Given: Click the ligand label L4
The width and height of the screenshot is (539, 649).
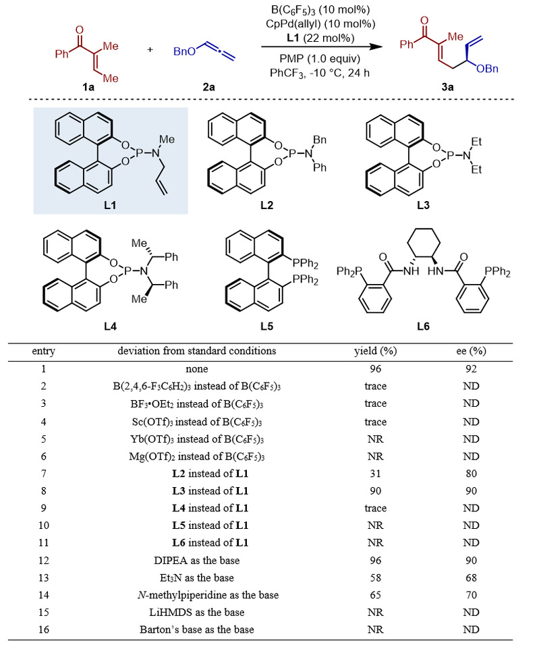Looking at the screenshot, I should [111, 327].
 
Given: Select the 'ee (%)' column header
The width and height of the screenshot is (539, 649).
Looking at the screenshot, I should [471, 351].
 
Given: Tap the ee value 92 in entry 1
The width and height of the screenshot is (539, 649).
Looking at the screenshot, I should [471, 370].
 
